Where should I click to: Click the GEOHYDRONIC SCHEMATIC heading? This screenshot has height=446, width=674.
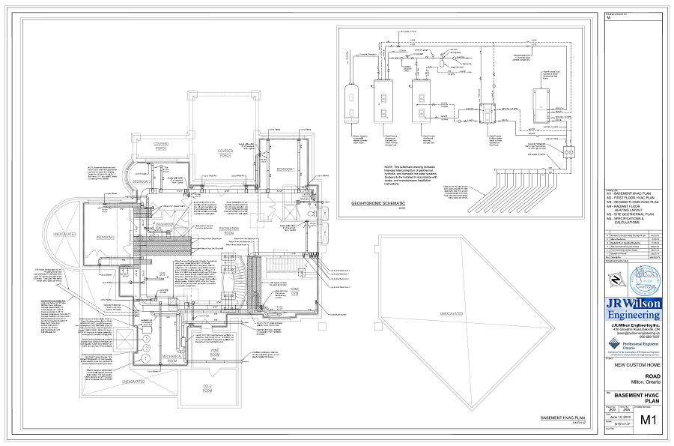pyautogui.click(x=377, y=203)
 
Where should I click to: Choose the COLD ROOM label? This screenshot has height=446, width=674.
pyautogui.click(x=207, y=389)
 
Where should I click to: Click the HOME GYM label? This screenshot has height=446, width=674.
pyautogui.click(x=296, y=292)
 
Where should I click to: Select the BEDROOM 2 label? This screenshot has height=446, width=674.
pyautogui.click(x=106, y=238)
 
